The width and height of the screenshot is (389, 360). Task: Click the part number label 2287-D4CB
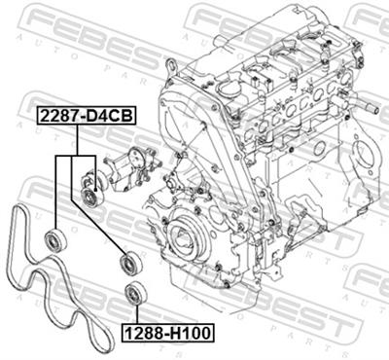(86, 116)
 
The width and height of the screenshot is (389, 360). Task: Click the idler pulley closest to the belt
(55, 239)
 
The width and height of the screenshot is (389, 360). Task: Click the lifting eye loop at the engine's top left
(170, 67)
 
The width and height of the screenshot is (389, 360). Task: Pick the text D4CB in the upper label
(109, 116)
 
